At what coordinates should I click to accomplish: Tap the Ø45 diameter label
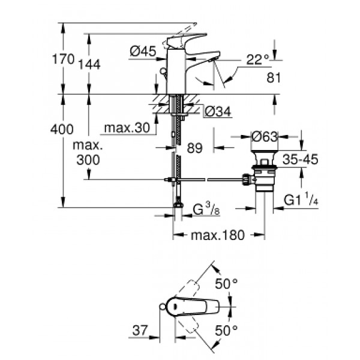[143, 52]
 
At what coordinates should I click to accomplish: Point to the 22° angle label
[257, 59]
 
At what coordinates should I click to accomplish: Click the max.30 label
[125, 128]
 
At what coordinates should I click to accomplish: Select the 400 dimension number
[62, 129]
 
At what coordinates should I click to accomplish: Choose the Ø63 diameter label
[264, 137]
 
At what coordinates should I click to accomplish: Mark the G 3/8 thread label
[205, 210]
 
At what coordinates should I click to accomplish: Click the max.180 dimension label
[218, 235]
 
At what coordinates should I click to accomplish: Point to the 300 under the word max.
[88, 159]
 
